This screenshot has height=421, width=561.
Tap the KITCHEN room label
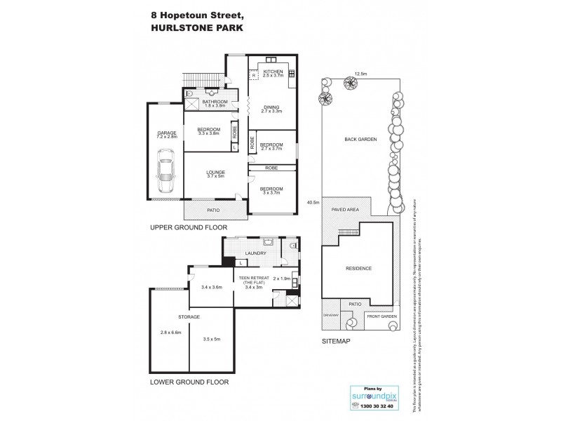[x=272, y=72]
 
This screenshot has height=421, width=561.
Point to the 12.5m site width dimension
[x=360, y=72]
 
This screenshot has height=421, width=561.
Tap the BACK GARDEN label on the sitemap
[x=360, y=140]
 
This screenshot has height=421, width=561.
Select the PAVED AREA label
[x=346, y=208]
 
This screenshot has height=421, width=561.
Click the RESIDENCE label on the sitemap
[x=358, y=268]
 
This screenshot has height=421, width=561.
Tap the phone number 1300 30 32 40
[x=372, y=407]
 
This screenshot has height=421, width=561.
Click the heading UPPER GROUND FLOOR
[x=184, y=229]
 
